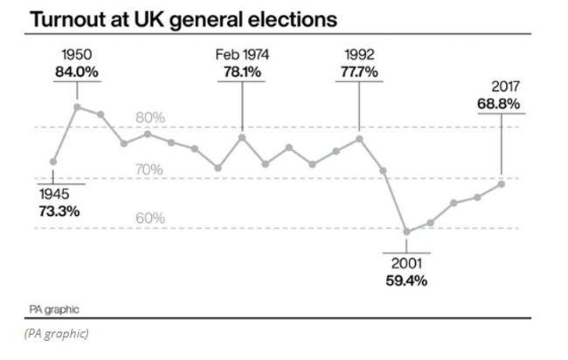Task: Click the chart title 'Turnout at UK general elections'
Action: click(x=173, y=17)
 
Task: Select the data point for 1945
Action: click(x=54, y=162)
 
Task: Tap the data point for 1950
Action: click(x=78, y=107)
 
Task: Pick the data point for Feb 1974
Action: click(x=242, y=137)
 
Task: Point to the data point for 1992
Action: click(x=359, y=138)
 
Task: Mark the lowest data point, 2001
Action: click(x=406, y=232)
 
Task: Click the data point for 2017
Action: click(x=501, y=183)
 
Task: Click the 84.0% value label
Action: click(x=76, y=72)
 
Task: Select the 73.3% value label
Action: click(x=59, y=211)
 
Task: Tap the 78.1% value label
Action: click(x=242, y=72)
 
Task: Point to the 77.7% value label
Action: click(x=359, y=72)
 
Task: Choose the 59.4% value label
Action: click(x=406, y=280)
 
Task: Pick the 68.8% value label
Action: click(x=500, y=103)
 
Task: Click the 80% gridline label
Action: click(x=149, y=118)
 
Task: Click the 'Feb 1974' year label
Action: click(x=242, y=55)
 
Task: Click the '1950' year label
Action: click(x=77, y=55)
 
